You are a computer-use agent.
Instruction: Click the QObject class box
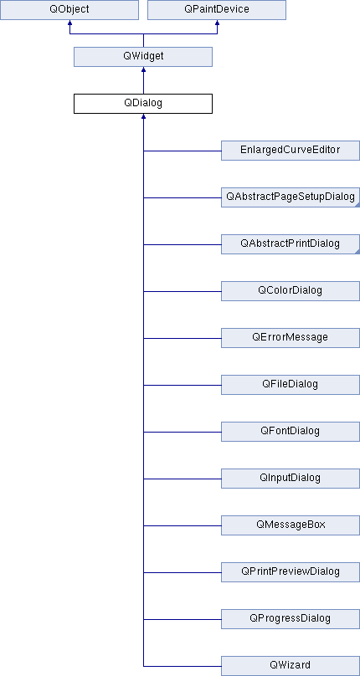tap(69, 10)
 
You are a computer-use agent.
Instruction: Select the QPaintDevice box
tap(217, 10)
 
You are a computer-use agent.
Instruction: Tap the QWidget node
tap(143, 57)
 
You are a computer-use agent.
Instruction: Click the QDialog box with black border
tap(143, 104)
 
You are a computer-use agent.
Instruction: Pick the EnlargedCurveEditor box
tap(291, 151)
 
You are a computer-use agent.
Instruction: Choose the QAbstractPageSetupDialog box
tap(291, 197)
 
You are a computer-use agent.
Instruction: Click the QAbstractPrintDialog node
tap(291, 244)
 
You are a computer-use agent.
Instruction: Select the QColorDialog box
tap(291, 291)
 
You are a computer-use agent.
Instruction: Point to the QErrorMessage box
tap(291, 338)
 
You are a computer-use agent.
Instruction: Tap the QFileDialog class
tap(291, 385)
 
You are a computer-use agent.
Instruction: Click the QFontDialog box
tap(291, 432)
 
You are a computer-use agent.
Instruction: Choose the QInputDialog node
tap(291, 479)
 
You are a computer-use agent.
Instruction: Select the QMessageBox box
tap(291, 525)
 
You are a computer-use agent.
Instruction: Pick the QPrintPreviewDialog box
tap(291, 572)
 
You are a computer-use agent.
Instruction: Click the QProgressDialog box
tap(291, 619)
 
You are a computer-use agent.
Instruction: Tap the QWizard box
tap(291, 666)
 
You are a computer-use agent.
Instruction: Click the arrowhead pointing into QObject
tap(69, 22)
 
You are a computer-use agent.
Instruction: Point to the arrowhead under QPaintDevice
tap(217, 22)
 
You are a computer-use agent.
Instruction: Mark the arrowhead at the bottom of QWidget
tap(143, 69)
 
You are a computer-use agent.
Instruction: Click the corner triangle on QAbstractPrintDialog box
tap(357, 252)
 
